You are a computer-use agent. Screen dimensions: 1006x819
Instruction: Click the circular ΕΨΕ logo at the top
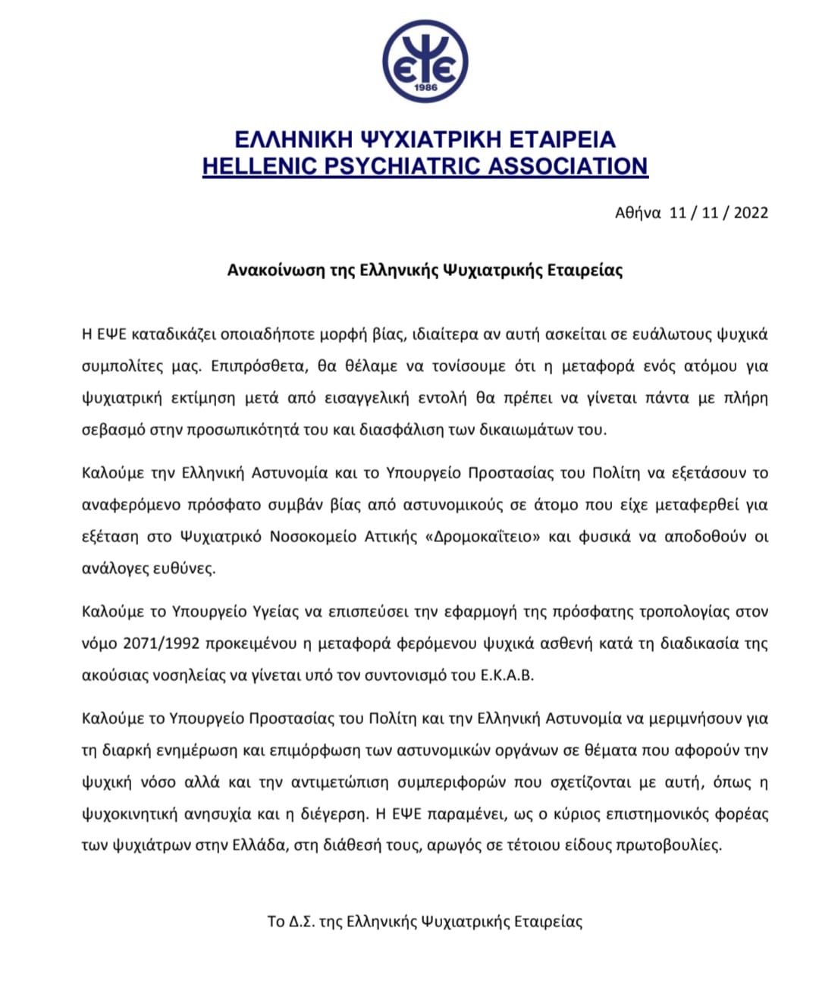click(425, 62)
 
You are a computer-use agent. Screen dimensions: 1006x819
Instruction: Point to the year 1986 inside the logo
click(425, 88)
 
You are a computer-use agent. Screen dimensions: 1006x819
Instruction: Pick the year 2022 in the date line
click(751, 213)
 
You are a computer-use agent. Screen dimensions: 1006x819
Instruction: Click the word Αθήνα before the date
click(638, 213)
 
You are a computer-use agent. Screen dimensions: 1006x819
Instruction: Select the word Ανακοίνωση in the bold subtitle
click(275, 270)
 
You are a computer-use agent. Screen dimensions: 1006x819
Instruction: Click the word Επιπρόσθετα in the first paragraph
click(258, 366)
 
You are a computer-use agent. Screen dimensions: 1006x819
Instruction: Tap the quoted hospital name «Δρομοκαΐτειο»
click(484, 537)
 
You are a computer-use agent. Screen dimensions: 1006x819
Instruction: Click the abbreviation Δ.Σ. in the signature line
click(301, 922)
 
